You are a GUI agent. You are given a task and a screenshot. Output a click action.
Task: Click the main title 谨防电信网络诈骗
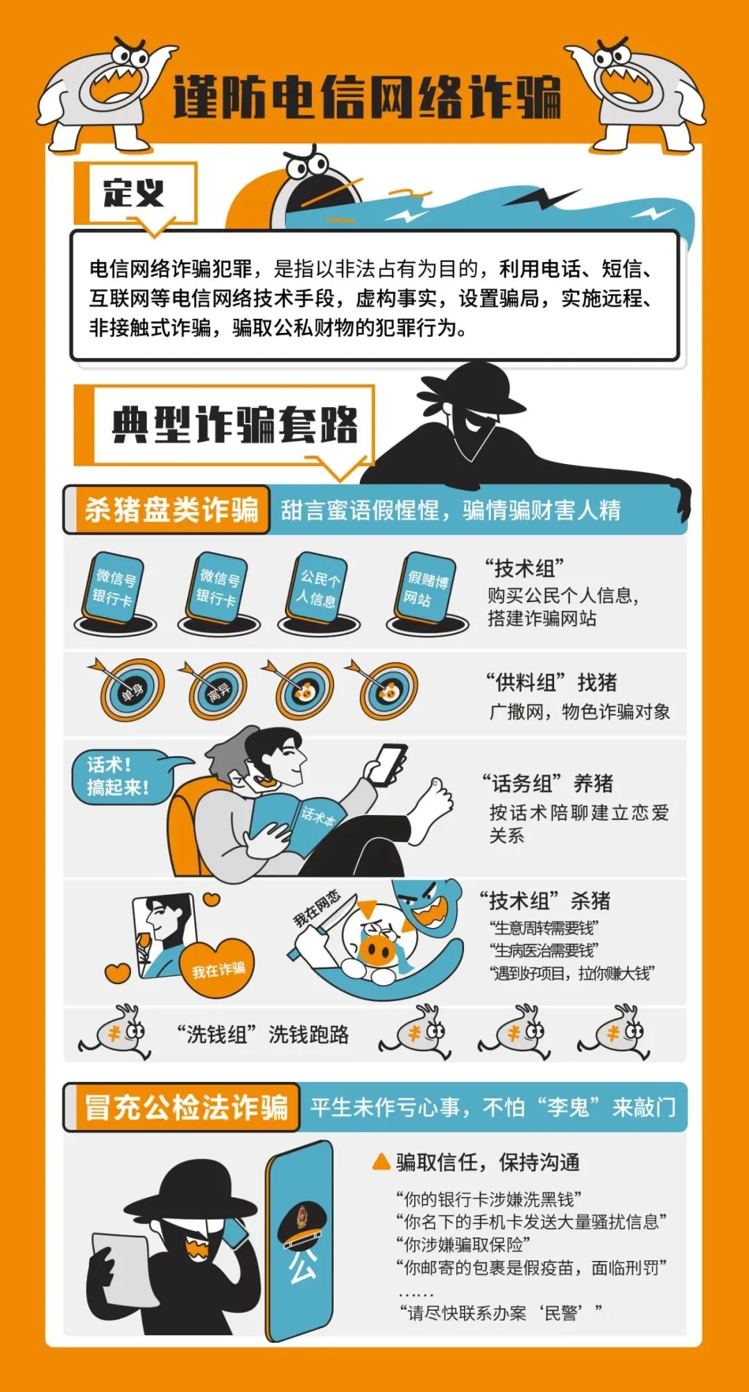coord(367,98)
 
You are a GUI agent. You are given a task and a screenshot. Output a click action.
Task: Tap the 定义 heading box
coord(135,193)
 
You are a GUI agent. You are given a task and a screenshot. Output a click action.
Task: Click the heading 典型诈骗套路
coord(234,424)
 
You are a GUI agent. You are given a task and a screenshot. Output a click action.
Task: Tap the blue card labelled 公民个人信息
coord(319,588)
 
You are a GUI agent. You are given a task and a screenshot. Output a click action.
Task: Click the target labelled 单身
coord(131,690)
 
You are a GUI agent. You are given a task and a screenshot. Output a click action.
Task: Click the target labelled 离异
coord(218,690)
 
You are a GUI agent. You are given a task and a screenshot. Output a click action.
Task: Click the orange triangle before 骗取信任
coord(381,1162)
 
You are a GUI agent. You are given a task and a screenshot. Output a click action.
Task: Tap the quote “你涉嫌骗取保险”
coord(463,1246)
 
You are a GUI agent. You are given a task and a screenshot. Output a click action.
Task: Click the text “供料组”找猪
coord(551,682)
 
